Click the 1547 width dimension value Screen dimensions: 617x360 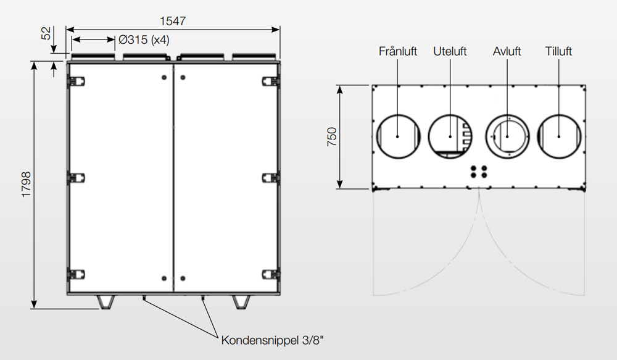[x=173, y=21]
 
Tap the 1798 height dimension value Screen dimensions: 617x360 [x=26, y=185]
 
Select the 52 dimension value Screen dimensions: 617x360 [x=46, y=33]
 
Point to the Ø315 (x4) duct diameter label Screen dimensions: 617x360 [x=144, y=40]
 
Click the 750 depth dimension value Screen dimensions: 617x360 [x=332, y=136]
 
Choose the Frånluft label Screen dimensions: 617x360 [x=398, y=51]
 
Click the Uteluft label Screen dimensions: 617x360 [x=450, y=51]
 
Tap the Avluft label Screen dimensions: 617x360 [x=507, y=51]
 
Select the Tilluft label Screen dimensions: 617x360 [x=558, y=51]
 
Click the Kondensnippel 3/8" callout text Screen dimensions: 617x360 [x=272, y=340]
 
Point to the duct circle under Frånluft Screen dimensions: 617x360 [x=398, y=136]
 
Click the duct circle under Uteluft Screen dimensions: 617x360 [x=450, y=136]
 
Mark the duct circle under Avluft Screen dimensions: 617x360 [x=507, y=136]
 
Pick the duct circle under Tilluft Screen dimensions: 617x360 [x=559, y=136]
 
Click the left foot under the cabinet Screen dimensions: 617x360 [x=106, y=302]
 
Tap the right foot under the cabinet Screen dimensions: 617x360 [x=241, y=302]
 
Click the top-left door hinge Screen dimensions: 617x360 [x=77, y=82]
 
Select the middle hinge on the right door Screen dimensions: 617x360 [x=271, y=178]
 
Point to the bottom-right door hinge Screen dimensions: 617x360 [x=271, y=275]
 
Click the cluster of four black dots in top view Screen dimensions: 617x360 [x=479, y=172]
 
